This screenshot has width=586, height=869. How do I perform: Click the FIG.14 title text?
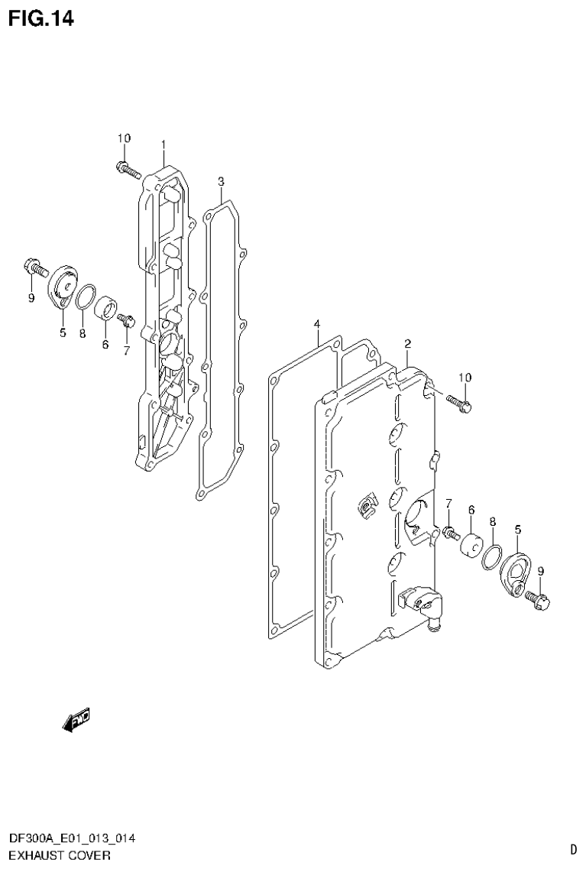pos(41,19)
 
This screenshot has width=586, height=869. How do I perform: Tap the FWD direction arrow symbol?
pos(77,718)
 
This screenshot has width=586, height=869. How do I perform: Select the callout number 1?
pos(163,144)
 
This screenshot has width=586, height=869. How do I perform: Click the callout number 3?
pos(220,181)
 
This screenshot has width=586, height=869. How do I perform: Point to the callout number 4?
pos(316,326)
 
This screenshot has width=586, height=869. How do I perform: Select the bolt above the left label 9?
pos(34,268)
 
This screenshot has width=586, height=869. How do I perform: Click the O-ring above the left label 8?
pos(86,296)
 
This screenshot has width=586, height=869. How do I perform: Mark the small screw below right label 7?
pos(450,530)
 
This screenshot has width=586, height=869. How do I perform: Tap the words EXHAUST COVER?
pos(59,854)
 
